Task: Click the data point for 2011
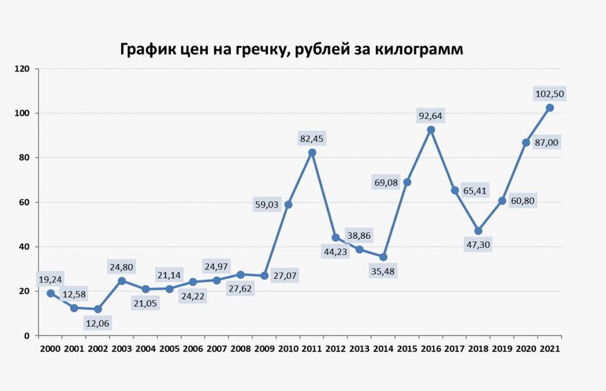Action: pyautogui.click(x=312, y=152)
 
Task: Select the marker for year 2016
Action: pyautogui.click(x=431, y=129)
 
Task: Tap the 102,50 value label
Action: pyautogui.click(x=549, y=94)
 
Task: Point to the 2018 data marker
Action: pyautogui.click(x=478, y=230)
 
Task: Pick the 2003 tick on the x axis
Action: pyautogui.click(x=122, y=349)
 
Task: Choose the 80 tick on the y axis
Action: pyautogui.click(x=24, y=158)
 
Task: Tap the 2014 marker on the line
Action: pyautogui.click(x=383, y=257)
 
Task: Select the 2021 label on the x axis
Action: pyautogui.click(x=549, y=349)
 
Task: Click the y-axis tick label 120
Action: pyautogui.click(x=22, y=69)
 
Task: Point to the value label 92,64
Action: pyautogui.click(x=431, y=116)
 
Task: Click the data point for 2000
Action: pyautogui.click(x=51, y=293)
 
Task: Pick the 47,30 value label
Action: pyautogui.click(x=478, y=244)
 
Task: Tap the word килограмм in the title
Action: pyautogui.click(x=415, y=49)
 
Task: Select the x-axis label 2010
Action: pyautogui.click(x=288, y=349)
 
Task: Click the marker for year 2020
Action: pyautogui.click(x=526, y=142)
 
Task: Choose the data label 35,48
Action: pyautogui.click(x=383, y=272)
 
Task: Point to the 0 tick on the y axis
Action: pyautogui.click(x=27, y=335)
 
